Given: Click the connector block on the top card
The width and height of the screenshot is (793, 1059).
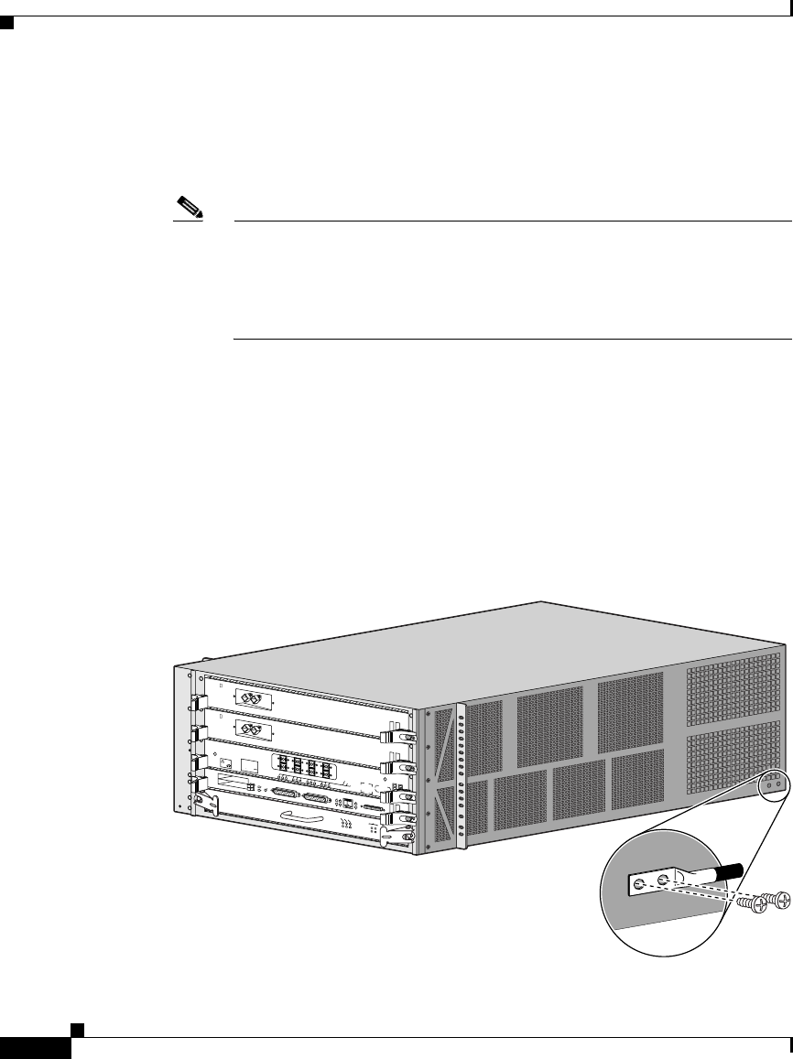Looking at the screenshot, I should point(250,697).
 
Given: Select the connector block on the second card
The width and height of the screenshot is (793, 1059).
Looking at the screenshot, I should point(249,729).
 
